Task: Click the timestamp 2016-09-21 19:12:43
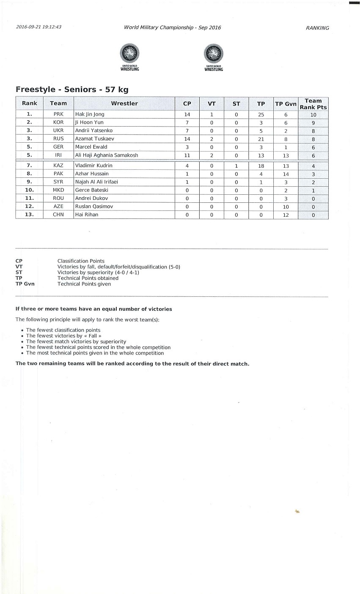pyautogui.click(x=38, y=27)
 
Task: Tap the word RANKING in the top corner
pyautogui.click(x=317, y=28)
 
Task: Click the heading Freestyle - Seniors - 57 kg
pyautogui.click(x=72, y=90)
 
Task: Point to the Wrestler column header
pyautogui.click(x=124, y=103)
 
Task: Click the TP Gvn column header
pyautogui.click(x=286, y=104)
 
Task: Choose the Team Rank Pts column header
pyautogui.click(x=313, y=104)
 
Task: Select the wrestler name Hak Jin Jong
pyautogui.click(x=90, y=114)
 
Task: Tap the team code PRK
pyautogui.click(x=58, y=114)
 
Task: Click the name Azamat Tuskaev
pyautogui.click(x=95, y=139)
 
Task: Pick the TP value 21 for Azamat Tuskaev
pyautogui.click(x=261, y=139)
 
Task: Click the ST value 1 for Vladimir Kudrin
pyautogui.click(x=236, y=166)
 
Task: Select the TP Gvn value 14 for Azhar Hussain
pyautogui.click(x=286, y=174)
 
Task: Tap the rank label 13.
pyautogui.click(x=30, y=215)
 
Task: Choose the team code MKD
pyautogui.click(x=58, y=190)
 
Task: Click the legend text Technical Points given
pyautogui.click(x=84, y=284)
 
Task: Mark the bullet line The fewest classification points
pyautogui.click(x=63, y=330)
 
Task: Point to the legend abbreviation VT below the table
pyautogui.click(x=19, y=267)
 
